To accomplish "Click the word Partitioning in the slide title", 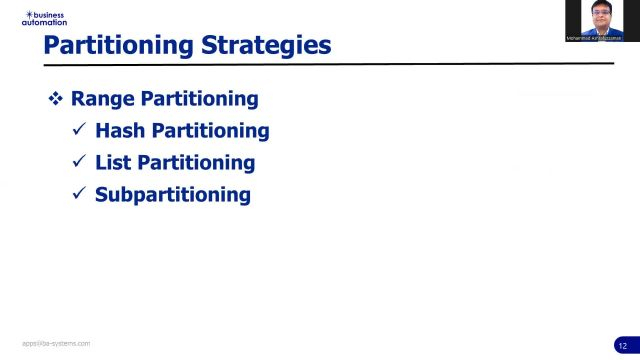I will click(119, 45).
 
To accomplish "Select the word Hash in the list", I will click(120, 130).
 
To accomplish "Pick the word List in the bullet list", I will click(113, 162).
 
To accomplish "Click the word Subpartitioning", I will click(172, 194).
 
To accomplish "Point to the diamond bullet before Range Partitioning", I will click(56, 99).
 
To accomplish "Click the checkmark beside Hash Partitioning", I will click(79, 130).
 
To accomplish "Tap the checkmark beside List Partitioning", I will click(79, 162).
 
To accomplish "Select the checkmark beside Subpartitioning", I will click(79, 194).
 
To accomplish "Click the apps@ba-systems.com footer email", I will click(56, 343).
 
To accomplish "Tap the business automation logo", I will click(44, 18).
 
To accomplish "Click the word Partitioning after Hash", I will click(210, 130).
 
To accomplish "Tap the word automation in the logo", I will click(44, 22).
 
